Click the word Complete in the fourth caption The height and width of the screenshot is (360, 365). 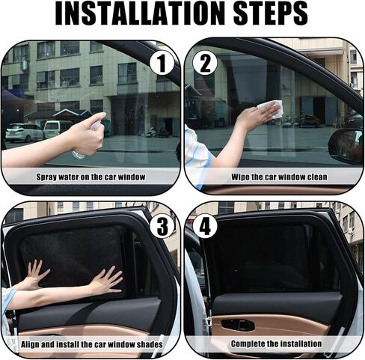[250, 344]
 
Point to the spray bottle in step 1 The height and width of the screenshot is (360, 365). [84, 144]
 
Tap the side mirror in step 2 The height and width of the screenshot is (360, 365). [347, 145]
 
